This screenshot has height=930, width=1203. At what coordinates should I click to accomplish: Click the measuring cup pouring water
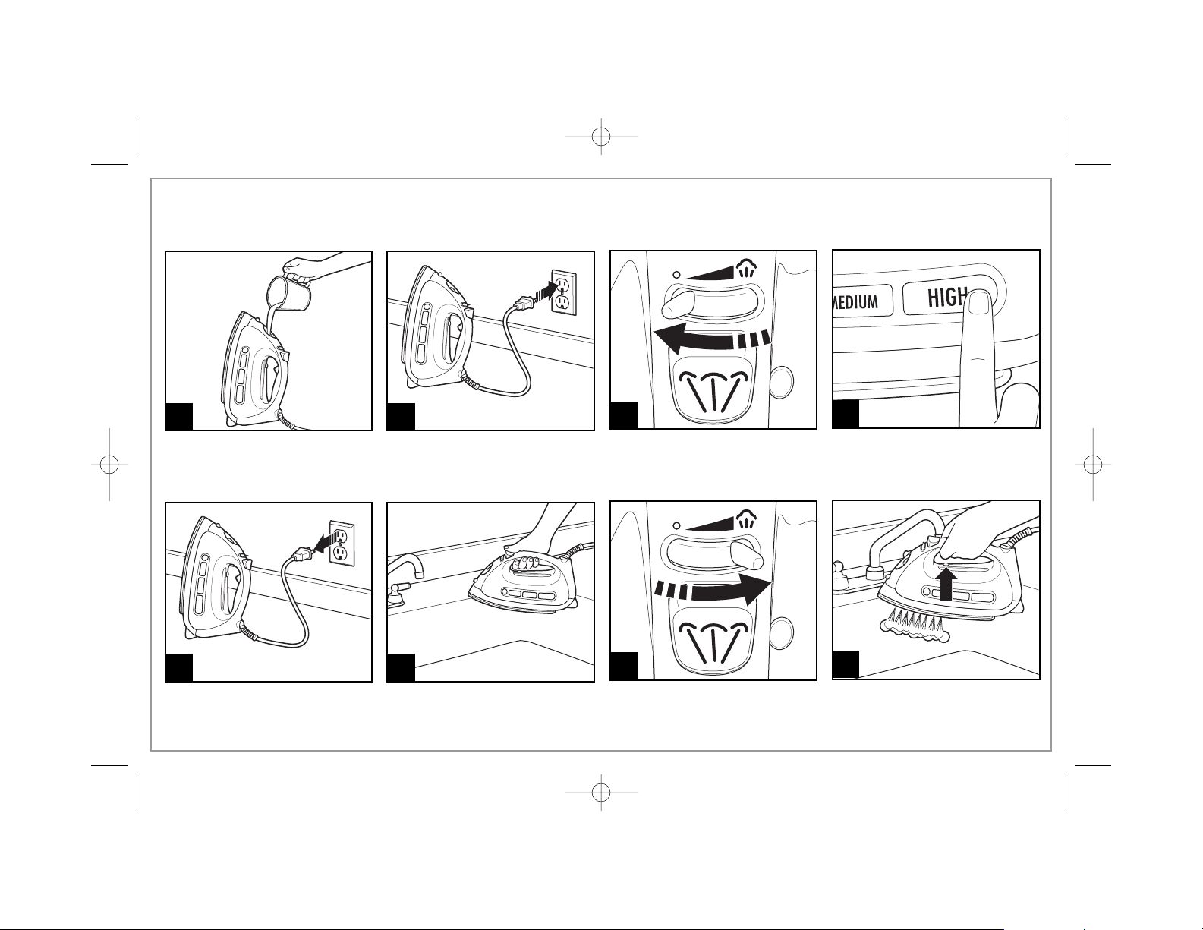click(x=289, y=292)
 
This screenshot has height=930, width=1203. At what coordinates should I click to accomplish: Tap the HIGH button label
click(x=947, y=298)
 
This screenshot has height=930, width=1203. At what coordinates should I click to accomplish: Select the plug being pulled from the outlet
click(x=300, y=554)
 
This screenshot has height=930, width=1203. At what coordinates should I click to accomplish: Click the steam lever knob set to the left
click(x=676, y=305)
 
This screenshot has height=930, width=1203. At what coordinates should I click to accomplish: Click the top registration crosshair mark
click(x=600, y=136)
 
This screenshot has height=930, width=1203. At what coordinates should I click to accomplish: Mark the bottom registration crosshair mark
click(x=600, y=793)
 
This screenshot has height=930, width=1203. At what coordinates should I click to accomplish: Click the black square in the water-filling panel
click(x=179, y=416)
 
